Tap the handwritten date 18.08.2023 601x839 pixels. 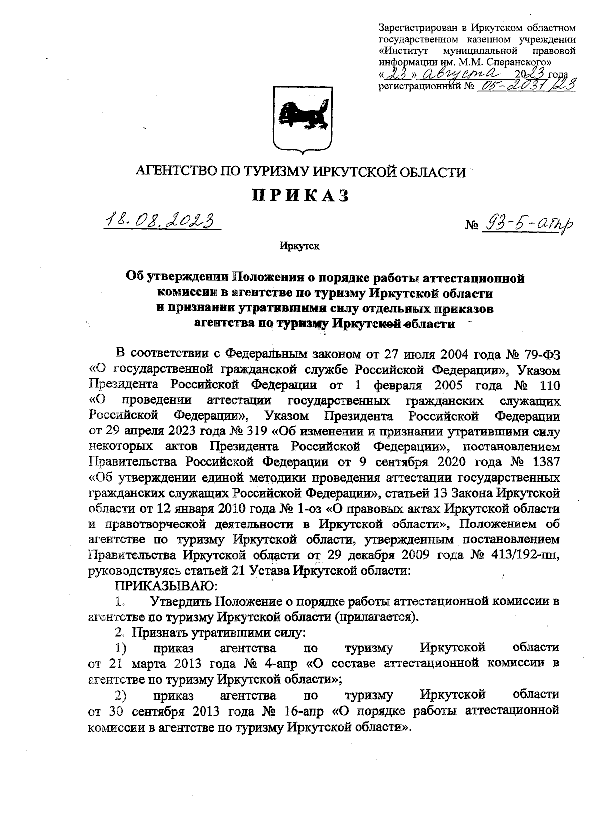162,221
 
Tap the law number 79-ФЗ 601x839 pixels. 541,354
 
